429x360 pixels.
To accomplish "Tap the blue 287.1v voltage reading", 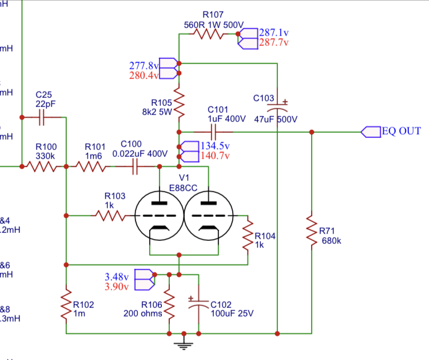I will pyautogui.click(x=275, y=32).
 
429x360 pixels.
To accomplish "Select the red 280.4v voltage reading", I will pyautogui.click(x=144, y=76).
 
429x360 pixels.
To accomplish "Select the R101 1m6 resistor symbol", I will pyautogui.click(x=92, y=167).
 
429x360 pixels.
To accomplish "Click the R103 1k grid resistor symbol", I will pyautogui.click(x=109, y=216).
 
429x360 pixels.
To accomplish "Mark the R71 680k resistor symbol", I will pyautogui.click(x=312, y=231).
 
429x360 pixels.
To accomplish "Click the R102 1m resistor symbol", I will pyautogui.click(x=66, y=309).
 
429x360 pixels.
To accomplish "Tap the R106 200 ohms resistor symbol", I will pyautogui.click(x=169, y=309).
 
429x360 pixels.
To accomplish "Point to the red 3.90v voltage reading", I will pyautogui.click(x=117, y=287).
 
